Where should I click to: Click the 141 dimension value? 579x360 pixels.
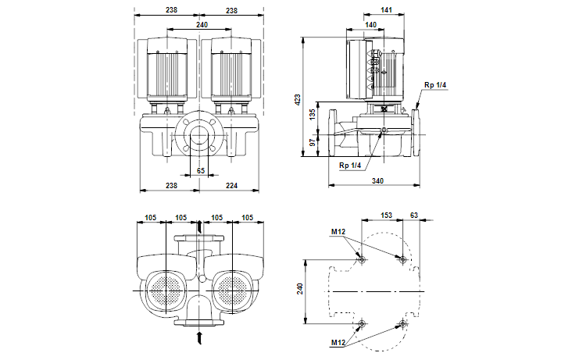[386, 10]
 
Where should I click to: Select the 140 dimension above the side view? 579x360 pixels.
[370, 25]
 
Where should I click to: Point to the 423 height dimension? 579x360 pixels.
[298, 100]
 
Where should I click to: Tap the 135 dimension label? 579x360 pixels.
[313, 114]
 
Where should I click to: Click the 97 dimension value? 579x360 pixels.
[313, 142]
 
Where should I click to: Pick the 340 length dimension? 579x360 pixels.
[377, 180]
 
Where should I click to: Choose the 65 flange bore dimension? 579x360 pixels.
[201, 170]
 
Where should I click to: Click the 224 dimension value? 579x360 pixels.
[231, 186]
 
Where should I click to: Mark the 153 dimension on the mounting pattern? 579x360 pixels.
[386, 215]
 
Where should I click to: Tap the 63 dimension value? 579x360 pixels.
[414, 215]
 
